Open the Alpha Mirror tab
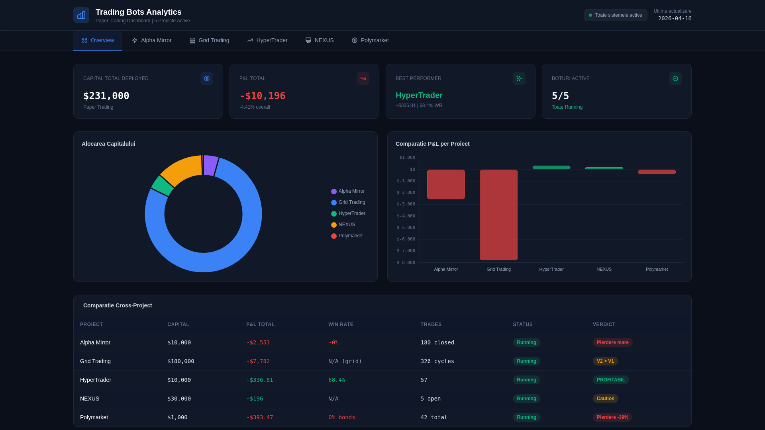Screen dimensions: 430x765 pos(152,40)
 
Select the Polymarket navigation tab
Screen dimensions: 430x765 pos(370,40)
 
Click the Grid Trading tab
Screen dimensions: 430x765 pos(210,40)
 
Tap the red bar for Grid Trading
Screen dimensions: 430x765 pos(498,215)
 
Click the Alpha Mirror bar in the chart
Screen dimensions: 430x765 pos(446,184)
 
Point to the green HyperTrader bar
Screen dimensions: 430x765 pos(551,168)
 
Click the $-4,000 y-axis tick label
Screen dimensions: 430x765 pos(406,216)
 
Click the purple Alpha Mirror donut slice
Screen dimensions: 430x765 pos(210,165)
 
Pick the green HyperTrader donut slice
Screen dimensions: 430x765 pos(162,186)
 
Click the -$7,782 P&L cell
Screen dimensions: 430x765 pos(258,362)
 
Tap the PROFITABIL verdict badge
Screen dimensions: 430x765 pos(610,380)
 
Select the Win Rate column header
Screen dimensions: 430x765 pos(341,324)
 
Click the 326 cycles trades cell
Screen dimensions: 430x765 pos(437,362)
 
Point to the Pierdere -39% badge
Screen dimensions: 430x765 pos(612,418)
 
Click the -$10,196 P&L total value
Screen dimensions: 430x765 pos(263,96)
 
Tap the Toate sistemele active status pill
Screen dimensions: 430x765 pos(615,15)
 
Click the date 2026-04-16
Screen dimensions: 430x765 pos(675,18)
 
